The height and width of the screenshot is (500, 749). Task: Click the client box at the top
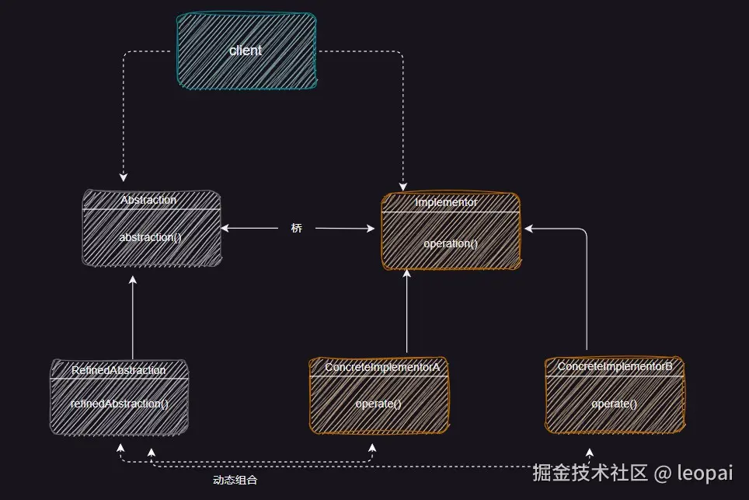pos(246,49)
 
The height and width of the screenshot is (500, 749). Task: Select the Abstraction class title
pos(148,200)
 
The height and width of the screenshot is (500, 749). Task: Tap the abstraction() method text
pos(150,236)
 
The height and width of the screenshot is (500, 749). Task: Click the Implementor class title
pos(446,202)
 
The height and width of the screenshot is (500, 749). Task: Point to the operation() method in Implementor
pos(451,243)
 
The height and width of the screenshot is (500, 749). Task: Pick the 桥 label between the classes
pos(297,229)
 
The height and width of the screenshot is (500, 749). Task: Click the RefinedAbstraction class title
pos(119,370)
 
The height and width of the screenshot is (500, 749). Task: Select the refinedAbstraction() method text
pos(119,404)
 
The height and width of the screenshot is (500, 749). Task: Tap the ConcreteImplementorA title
pos(382,366)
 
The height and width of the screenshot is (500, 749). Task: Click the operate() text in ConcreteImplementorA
pos(378,404)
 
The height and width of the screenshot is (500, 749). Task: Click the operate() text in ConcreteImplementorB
pos(614,404)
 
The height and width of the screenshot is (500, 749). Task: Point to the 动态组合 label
pos(235,481)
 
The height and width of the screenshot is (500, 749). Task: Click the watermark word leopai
pos(705,472)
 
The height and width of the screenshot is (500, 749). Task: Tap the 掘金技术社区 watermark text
pos(590,472)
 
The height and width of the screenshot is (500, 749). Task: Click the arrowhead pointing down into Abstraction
pos(123,177)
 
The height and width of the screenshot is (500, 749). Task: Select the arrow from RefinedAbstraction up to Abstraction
pos(133,319)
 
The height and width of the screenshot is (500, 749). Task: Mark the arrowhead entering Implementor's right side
pos(529,229)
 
